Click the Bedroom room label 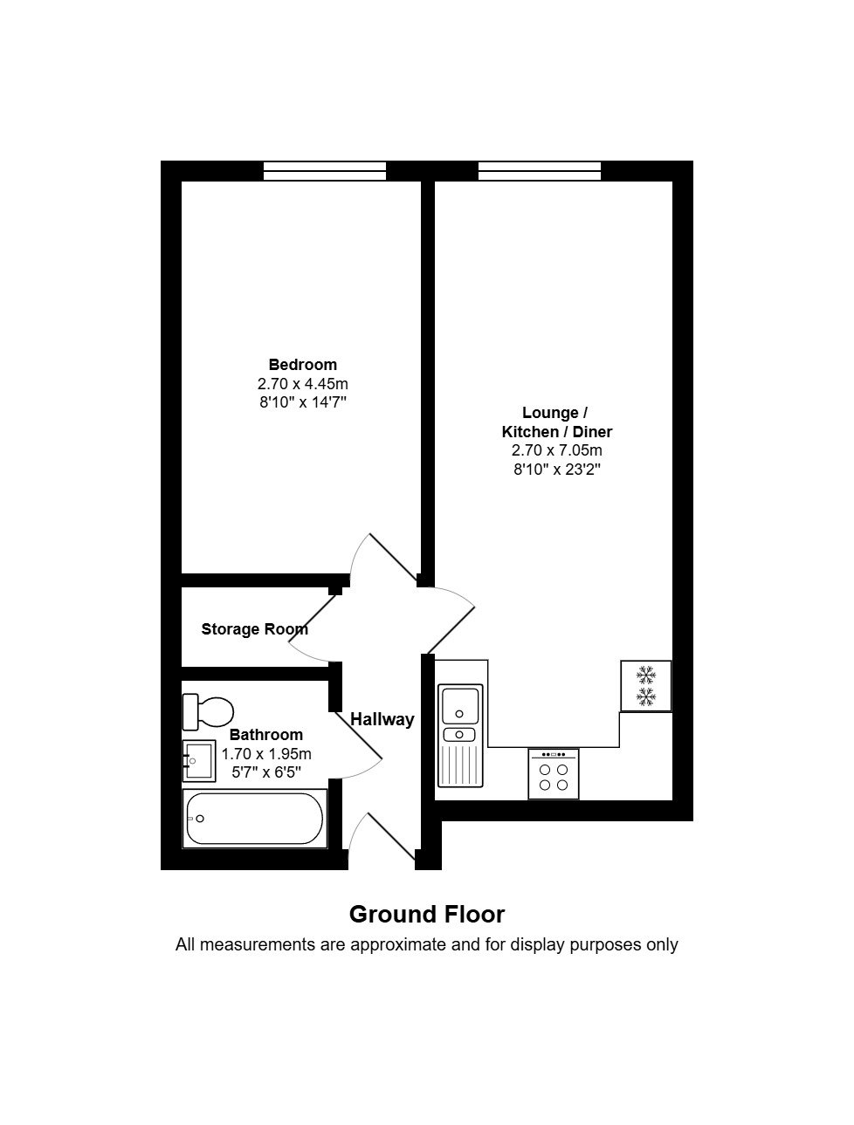[303, 365]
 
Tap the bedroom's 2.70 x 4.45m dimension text [303, 383]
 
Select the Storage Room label [255, 629]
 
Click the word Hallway [382, 719]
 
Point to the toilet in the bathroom [208, 711]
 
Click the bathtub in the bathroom [255, 819]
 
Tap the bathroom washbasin [199, 761]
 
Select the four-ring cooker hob [554, 774]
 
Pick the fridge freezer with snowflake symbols [646, 686]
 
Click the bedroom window [325, 171]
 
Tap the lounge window [540, 171]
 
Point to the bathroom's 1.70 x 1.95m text [266, 753]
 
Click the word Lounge [550, 413]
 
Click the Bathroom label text [266, 735]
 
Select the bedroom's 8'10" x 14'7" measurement [303, 402]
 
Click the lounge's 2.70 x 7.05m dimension [557, 450]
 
